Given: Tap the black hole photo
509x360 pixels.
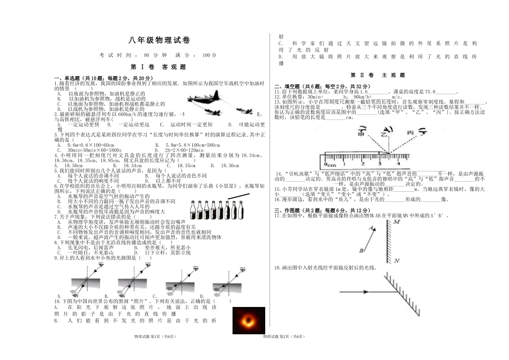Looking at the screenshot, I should [248, 321].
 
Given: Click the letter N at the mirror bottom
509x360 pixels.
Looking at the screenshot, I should [396, 261].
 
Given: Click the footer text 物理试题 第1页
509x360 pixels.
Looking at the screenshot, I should [147, 336].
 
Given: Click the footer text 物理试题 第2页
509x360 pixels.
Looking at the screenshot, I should [283, 336].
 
